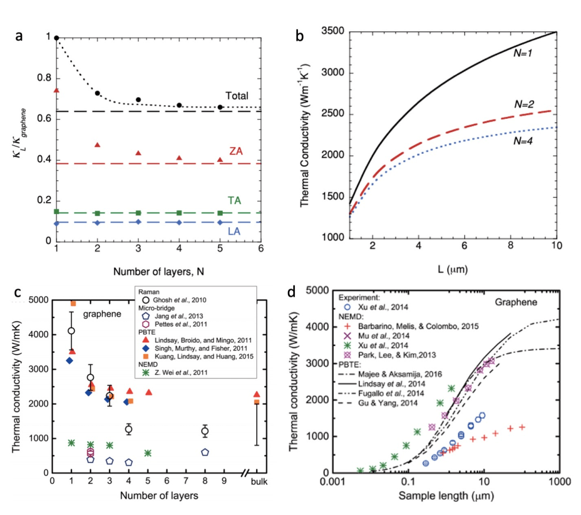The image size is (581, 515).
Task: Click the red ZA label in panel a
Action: (235, 151)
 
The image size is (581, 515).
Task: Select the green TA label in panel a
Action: (233, 201)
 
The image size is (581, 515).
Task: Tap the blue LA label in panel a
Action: (234, 231)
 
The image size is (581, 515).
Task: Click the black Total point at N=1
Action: (56, 38)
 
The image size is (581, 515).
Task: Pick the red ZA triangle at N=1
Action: (56, 90)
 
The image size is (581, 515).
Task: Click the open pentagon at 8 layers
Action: (205, 453)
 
